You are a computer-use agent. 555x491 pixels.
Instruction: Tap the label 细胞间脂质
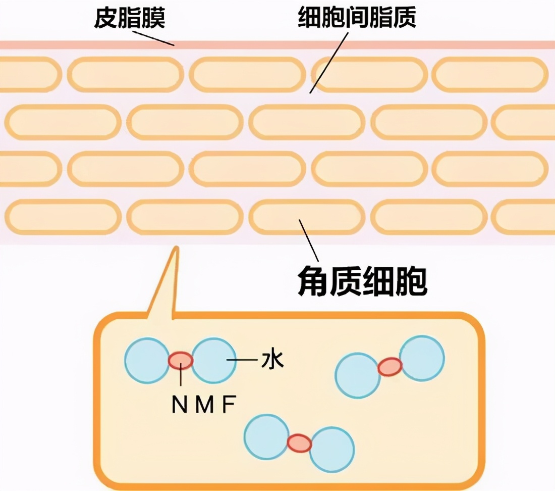click(357, 19)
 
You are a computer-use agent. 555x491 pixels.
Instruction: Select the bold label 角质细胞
click(361, 283)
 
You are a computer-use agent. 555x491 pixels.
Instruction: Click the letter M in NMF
click(205, 405)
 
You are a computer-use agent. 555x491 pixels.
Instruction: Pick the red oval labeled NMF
click(181, 360)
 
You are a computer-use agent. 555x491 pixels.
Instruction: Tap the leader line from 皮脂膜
click(153, 37)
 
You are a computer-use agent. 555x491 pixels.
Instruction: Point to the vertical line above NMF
click(181, 381)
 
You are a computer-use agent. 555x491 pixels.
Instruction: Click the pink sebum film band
click(353, 45)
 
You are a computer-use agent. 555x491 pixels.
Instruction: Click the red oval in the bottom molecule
click(299, 443)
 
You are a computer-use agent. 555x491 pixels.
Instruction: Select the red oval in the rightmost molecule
click(390, 367)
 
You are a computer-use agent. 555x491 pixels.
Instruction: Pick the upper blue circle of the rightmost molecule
click(421, 358)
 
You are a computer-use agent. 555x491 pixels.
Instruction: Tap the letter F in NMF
click(229, 405)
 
